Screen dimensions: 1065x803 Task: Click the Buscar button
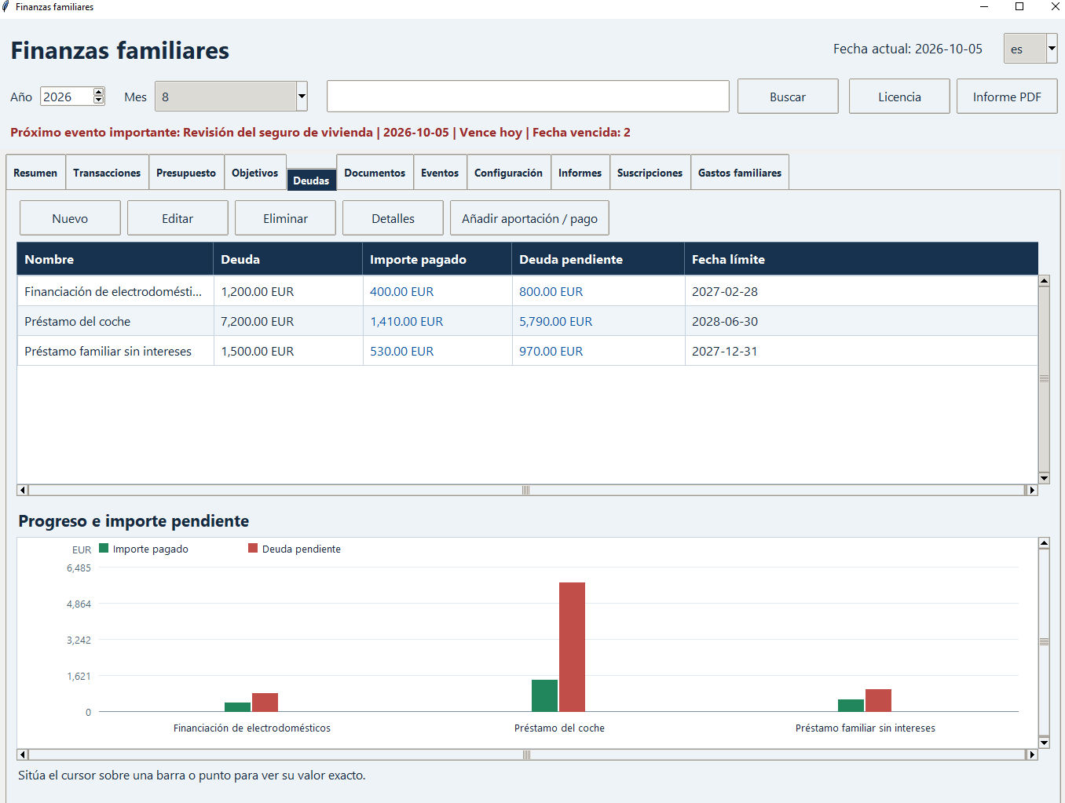click(x=788, y=97)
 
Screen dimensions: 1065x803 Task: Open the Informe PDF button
click(x=1007, y=97)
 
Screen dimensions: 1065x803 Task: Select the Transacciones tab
click(x=107, y=173)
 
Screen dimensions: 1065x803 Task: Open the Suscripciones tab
click(x=650, y=173)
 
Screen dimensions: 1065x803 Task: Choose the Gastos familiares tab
click(x=739, y=173)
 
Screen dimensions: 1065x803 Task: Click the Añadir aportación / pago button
click(x=529, y=218)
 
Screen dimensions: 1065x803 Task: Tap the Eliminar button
click(x=285, y=218)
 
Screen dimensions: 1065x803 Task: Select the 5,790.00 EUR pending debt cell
click(x=555, y=322)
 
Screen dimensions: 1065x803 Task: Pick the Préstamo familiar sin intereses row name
click(x=108, y=351)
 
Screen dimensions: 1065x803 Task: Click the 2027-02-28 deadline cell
click(x=724, y=291)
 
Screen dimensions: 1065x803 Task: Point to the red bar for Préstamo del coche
click(x=572, y=647)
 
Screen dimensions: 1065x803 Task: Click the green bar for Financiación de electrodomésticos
click(x=237, y=707)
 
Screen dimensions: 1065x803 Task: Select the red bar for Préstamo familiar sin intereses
click(x=878, y=701)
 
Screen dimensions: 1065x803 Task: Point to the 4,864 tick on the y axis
click(x=79, y=604)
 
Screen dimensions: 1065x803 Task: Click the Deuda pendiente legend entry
click(x=295, y=549)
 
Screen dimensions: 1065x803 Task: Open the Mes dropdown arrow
click(x=302, y=96)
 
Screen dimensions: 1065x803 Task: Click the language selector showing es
click(x=1030, y=49)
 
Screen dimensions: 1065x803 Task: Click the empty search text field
click(x=528, y=96)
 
